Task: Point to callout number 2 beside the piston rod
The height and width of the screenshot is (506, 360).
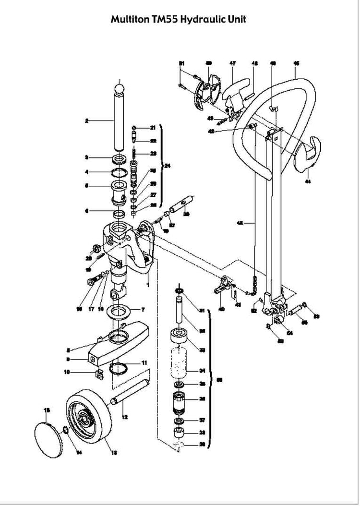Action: (86, 121)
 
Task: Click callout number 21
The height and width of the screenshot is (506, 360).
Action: (153, 128)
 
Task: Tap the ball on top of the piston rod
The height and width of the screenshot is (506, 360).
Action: (119, 89)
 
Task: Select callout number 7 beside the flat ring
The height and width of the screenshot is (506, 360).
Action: (143, 308)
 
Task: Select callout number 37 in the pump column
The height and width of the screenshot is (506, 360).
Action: (202, 420)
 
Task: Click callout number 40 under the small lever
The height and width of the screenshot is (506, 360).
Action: (221, 309)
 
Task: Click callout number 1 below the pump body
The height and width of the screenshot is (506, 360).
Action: (148, 284)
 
